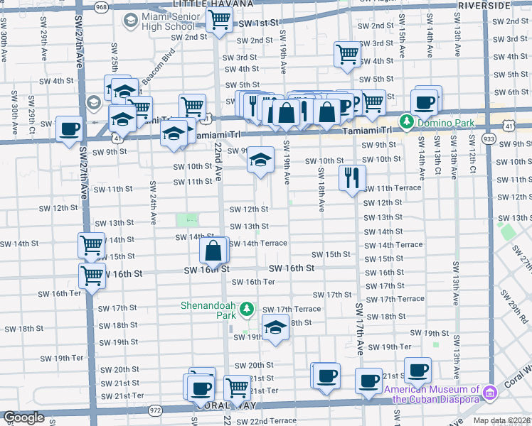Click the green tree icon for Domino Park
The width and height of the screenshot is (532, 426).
[x=406, y=122]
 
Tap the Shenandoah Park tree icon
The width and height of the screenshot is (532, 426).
[x=247, y=309]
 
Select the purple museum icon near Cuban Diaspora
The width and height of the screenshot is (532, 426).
[x=489, y=393]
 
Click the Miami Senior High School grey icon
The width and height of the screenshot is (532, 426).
[x=130, y=21]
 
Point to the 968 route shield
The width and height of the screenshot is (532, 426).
[x=102, y=6]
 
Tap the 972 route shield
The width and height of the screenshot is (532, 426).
[x=156, y=410]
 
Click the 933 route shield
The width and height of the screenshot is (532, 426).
[x=488, y=137]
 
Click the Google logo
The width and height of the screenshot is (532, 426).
[x=23, y=417]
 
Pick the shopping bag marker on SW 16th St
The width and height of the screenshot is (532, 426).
[x=213, y=250]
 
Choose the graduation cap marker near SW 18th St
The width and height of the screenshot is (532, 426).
[x=275, y=327]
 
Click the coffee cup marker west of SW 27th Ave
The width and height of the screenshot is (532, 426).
[x=69, y=129]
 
